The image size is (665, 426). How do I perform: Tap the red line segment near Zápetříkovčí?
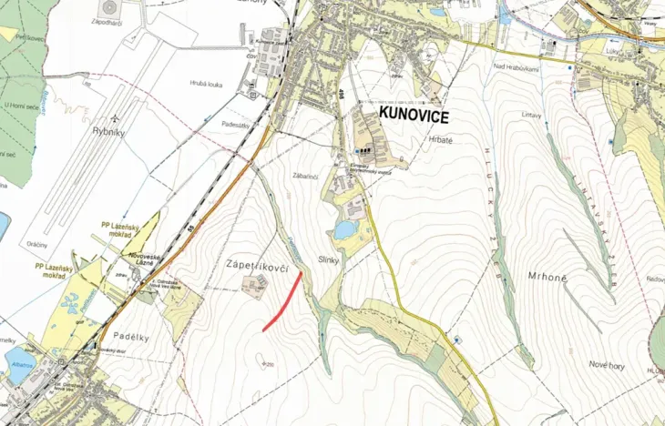tap(283, 299)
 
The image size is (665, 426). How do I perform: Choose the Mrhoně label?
tap(547, 276)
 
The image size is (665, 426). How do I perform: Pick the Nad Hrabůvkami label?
tap(515, 66)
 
